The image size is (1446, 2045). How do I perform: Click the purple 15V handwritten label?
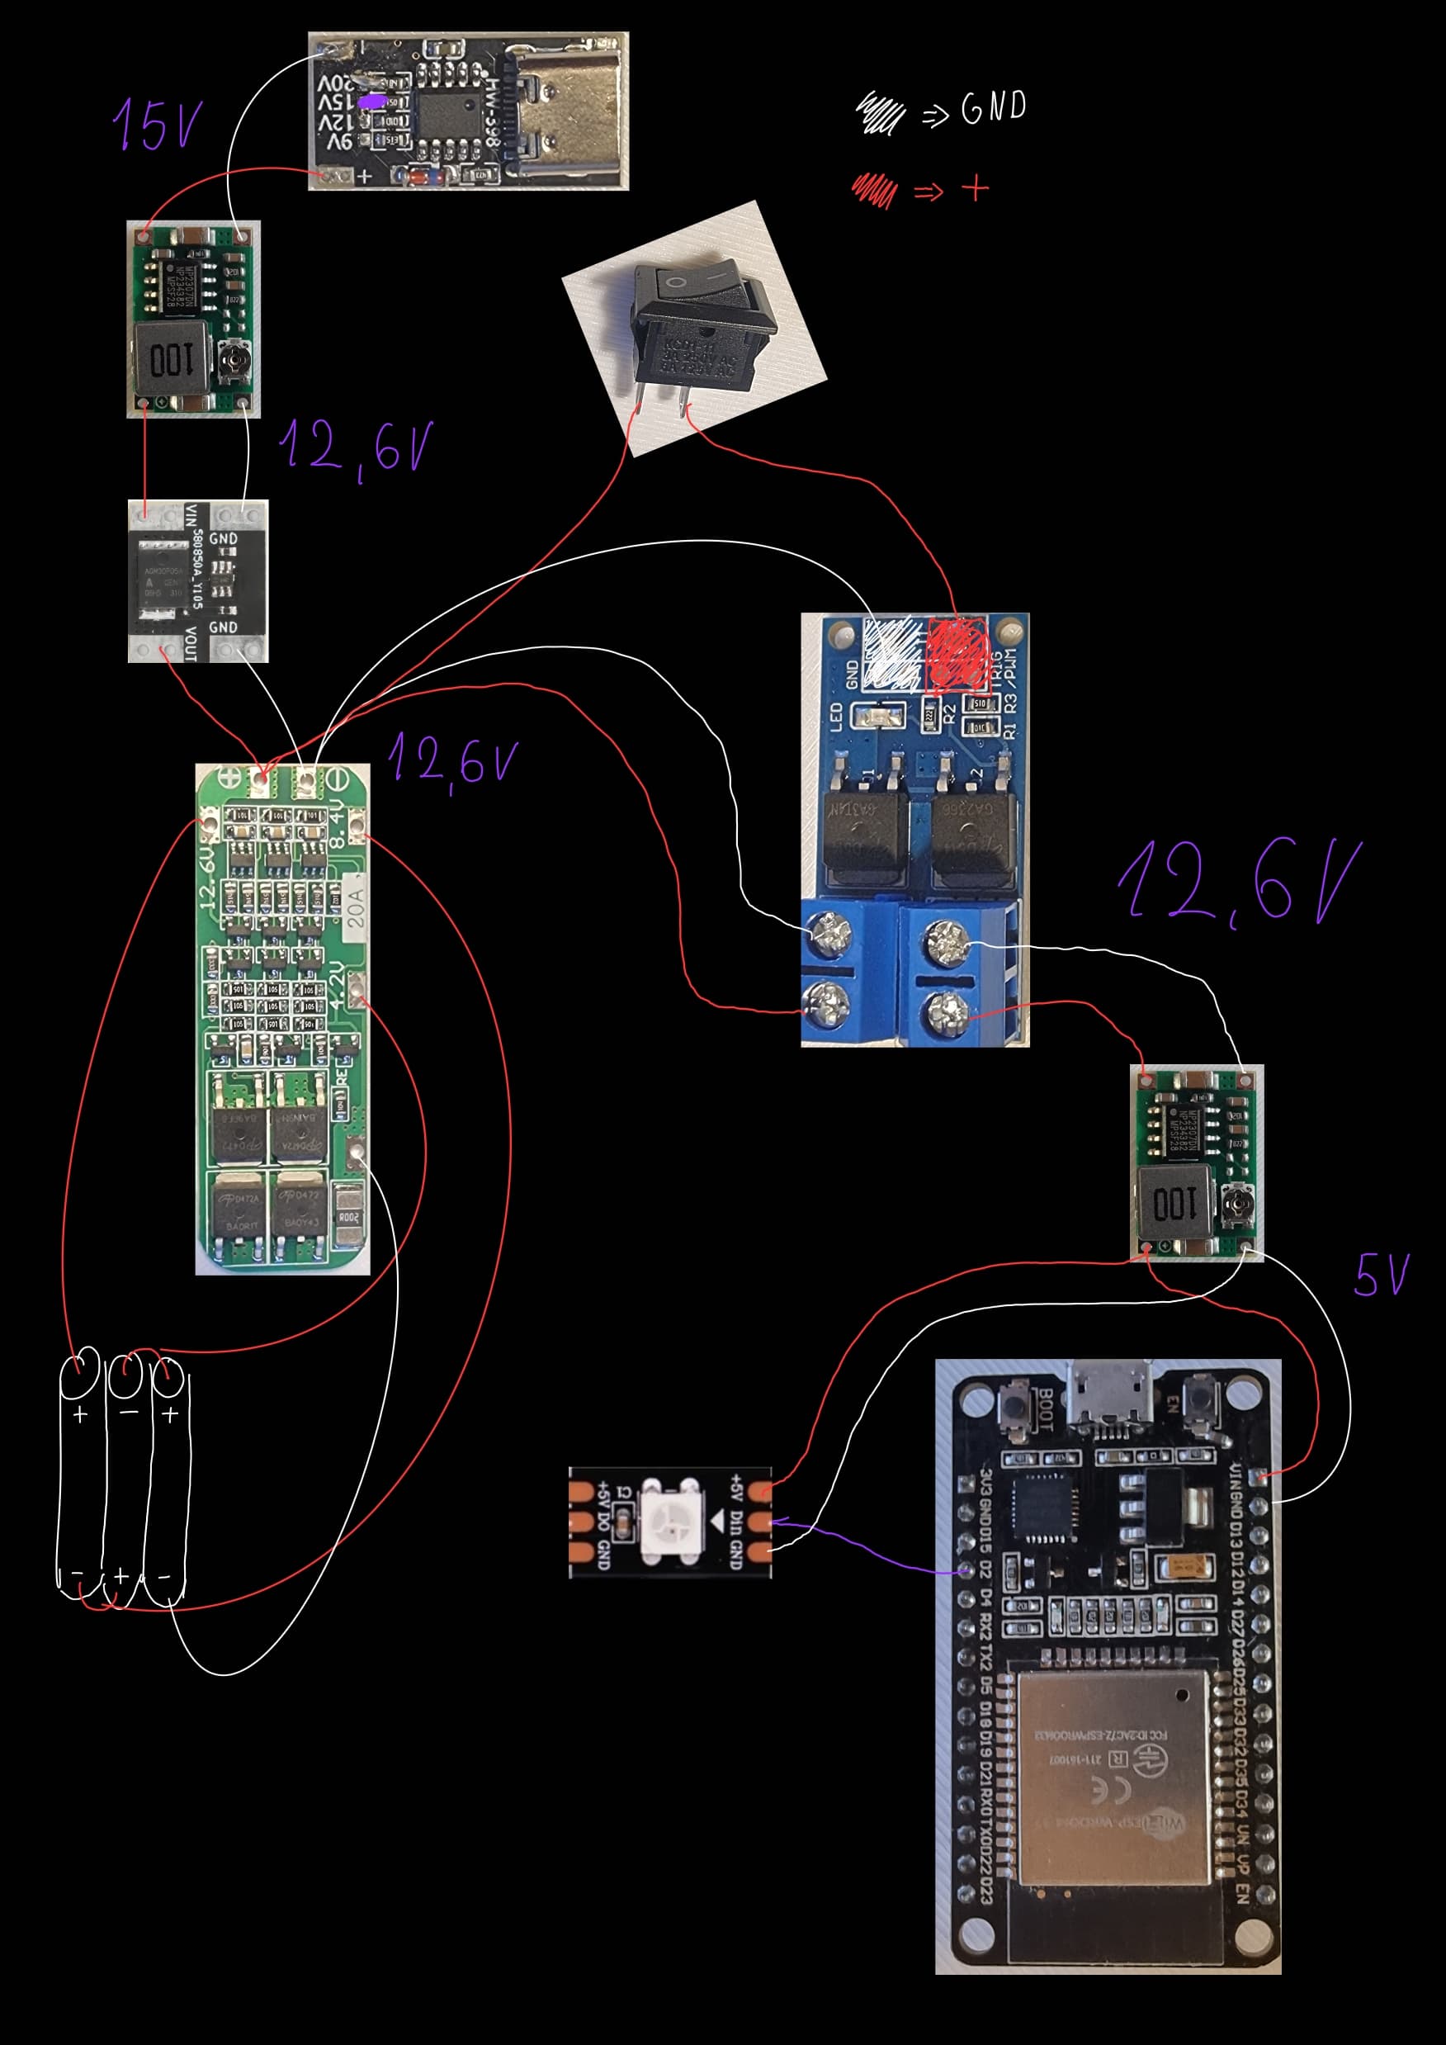(x=158, y=125)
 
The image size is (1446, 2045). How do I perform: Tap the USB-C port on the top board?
(x=569, y=111)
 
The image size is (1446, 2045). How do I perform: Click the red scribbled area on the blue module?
(x=958, y=655)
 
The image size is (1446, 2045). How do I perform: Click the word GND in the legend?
(x=994, y=109)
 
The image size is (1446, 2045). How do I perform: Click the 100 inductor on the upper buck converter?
(x=171, y=361)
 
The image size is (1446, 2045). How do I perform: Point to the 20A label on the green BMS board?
(x=354, y=906)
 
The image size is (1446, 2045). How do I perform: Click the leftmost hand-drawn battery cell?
(x=80, y=1479)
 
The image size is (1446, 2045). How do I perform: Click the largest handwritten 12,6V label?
(x=1238, y=882)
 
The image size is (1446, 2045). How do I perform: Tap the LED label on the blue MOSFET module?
(x=836, y=717)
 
